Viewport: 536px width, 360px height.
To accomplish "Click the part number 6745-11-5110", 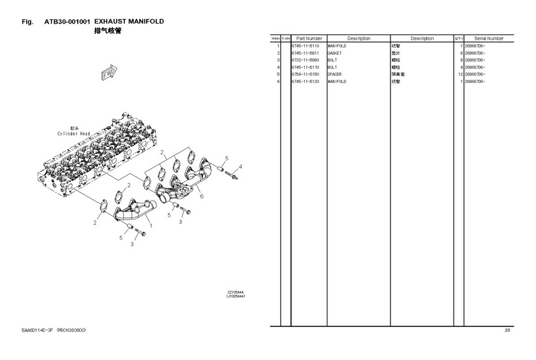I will click(x=305, y=47).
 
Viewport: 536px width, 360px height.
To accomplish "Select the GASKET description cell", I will click(x=334, y=54).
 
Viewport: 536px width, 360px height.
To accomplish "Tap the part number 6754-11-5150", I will click(x=305, y=75).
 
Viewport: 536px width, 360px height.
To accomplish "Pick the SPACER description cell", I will click(x=334, y=75).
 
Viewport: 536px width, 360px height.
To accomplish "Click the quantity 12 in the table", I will click(x=459, y=75).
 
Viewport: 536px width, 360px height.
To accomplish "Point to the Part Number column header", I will click(x=309, y=39).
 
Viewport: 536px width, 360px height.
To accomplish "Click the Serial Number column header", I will click(x=489, y=39).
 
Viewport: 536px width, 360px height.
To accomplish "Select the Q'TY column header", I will click(x=459, y=39).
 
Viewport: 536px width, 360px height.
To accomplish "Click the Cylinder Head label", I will click(x=74, y=134).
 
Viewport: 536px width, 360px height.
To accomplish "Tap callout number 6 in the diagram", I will click(x=202, y=197).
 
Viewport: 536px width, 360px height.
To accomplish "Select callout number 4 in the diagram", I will click(x=241, y=167).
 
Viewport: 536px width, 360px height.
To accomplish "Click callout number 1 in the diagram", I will click(x=151, y=225).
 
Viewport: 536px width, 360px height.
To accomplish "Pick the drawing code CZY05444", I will click(x=235, y=292).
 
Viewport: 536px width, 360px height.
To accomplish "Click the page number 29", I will click(x=507, y=330).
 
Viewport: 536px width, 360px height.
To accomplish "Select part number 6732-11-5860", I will click(x=305, y=61).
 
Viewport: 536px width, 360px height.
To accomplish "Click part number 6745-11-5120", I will click(x=305, y=82).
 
